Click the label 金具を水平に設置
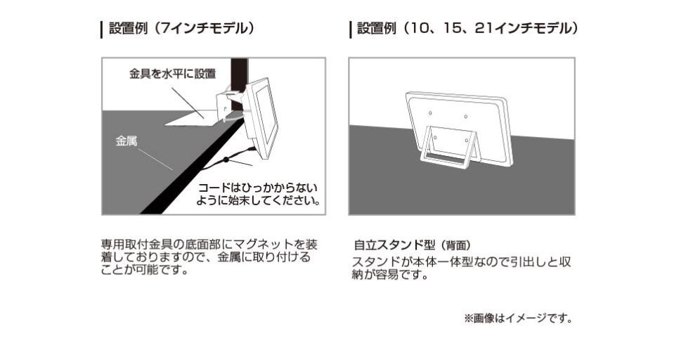click(171, 73)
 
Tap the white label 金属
click(126, 141)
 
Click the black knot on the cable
click(226, 160)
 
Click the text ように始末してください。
click(258, 200)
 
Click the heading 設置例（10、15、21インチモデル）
click(467, 29)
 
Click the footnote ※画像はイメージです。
click(518, 318)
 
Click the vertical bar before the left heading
click(103, 30)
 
